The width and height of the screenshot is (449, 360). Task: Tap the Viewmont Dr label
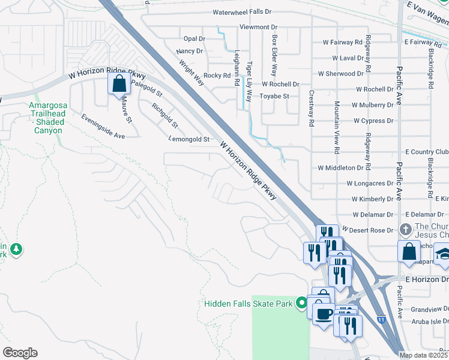[258, 27]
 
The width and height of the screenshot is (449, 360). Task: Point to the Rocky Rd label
[217, 76]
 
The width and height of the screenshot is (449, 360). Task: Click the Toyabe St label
[274, 96]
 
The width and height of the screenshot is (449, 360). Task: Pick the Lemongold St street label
[189, 139]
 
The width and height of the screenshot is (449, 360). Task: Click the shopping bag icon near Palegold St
[119, 83]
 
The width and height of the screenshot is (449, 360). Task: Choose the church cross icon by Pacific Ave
[406, 230]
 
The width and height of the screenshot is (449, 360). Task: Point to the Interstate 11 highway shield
[382, 320]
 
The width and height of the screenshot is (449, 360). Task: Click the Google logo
[20, 353]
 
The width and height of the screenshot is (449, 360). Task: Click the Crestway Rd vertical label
[311, 108]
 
